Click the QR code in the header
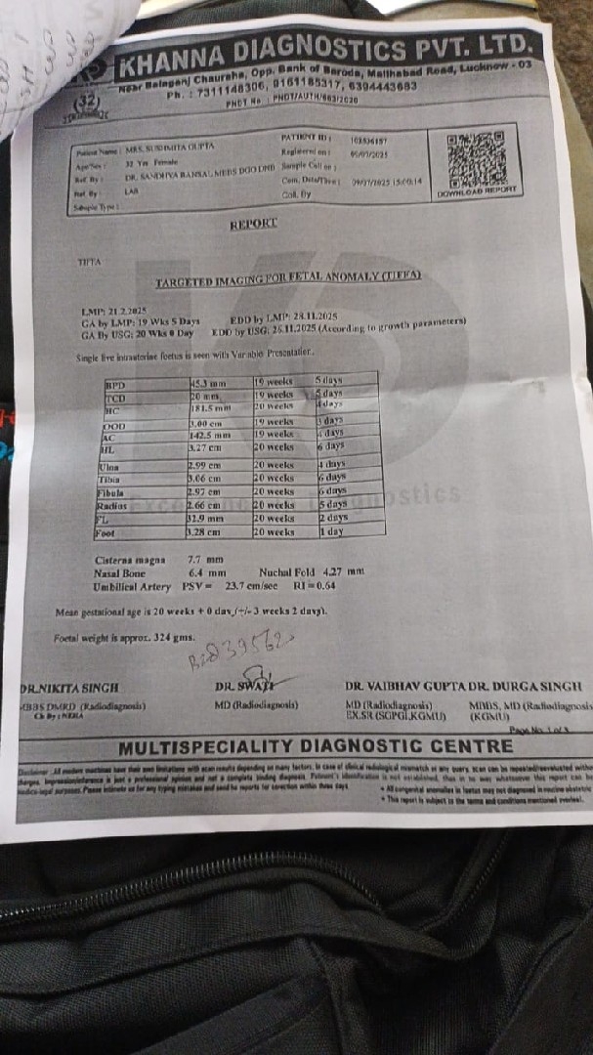[x=476, y=156]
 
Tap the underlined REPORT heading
[x=253, y=224]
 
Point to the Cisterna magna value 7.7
[x=194, y=560]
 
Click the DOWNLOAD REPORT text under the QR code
[x=477, y=192]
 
